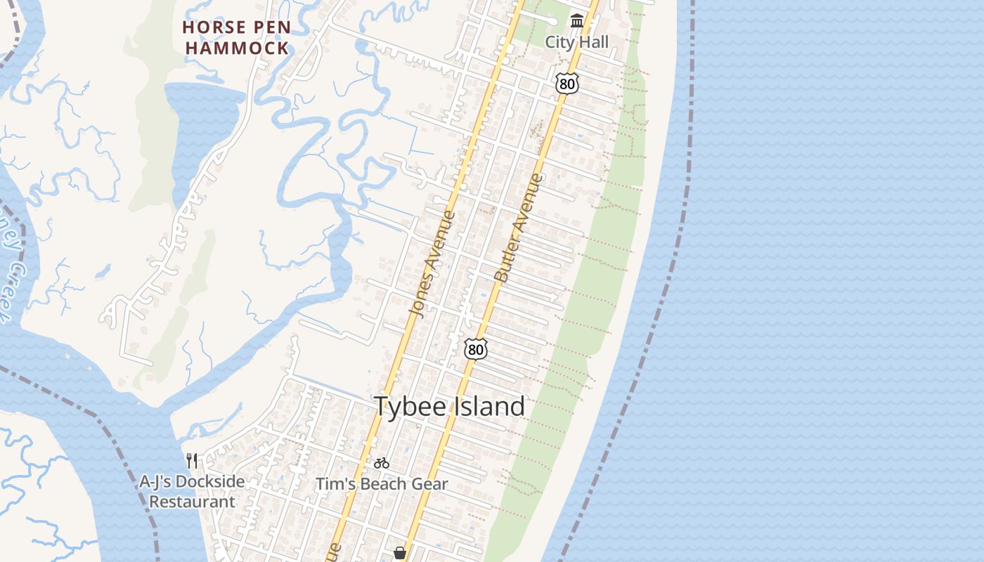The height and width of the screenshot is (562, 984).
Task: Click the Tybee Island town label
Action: (x=449, y=406)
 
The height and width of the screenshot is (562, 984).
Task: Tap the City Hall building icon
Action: (x=577, y=21)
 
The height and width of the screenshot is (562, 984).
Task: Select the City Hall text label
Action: (x=577, y=42)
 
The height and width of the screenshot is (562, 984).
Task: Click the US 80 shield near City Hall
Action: (x=567, y=84)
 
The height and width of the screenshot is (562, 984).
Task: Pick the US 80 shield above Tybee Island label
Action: (x=476, y=348)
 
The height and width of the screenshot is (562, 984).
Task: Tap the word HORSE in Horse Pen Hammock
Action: (x=207, y=27)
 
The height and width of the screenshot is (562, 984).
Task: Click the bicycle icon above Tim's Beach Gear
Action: (x=382, y=463)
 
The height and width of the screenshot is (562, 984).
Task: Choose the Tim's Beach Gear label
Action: (x=382, y=484)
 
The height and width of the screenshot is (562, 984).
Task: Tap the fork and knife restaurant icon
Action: (x=192, y=461)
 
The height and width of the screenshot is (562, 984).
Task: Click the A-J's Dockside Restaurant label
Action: (x=192, y=492)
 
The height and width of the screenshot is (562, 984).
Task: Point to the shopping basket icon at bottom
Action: (x=400, y=554)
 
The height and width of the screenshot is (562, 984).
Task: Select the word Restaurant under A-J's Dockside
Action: (x=192, y=502)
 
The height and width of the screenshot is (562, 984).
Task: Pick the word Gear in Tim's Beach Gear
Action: (x=432, y=484)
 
